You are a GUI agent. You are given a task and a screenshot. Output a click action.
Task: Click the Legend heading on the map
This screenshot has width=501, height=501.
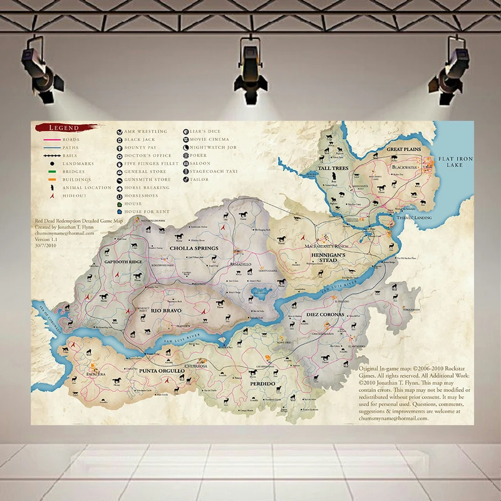click(x=65, y=128)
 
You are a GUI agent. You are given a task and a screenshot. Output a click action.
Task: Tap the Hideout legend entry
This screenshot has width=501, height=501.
click(x=75, y=195)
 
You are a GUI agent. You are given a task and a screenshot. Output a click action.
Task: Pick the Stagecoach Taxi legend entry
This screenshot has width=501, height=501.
click(x=214, y=171)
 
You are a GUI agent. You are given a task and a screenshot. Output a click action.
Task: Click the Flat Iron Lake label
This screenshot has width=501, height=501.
click(x=455, y=162)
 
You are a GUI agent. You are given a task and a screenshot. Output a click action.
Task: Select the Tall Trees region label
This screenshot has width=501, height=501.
click(x=333, y=168)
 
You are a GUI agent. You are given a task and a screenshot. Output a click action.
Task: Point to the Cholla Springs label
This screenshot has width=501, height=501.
click(x=194, y=248)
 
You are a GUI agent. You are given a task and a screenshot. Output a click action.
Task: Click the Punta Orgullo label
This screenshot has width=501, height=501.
click(x=162, y=371)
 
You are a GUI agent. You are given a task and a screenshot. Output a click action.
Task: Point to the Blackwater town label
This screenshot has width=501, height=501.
click(x=405, y=167)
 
